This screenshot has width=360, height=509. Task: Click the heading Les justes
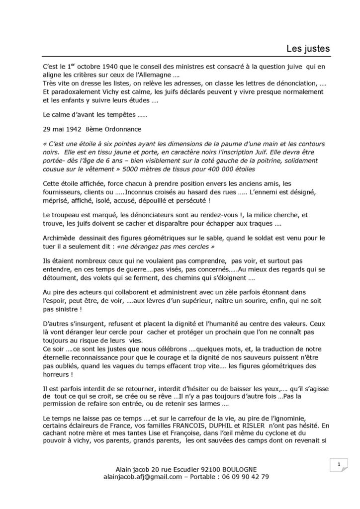(308, 48)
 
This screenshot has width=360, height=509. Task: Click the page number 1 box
(338, 465)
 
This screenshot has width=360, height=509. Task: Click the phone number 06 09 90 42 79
(246, 477)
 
